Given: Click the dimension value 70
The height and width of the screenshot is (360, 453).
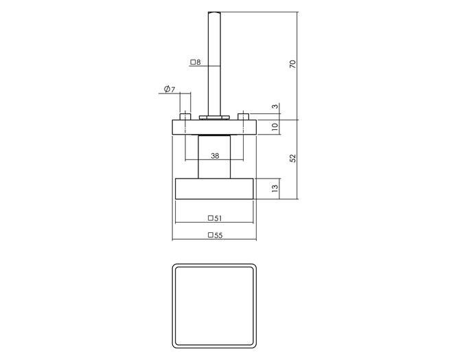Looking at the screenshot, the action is (x=292, y=64).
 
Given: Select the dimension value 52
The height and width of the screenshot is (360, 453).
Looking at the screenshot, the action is (x=292, y=158).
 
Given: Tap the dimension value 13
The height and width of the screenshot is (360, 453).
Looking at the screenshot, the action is (x=275, y=188).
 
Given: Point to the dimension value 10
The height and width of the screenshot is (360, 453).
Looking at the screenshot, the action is (x=275, y=126).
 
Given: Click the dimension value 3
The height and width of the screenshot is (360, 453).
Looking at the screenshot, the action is (x=276, y=106).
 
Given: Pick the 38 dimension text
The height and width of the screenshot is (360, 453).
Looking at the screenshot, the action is (x=215, y=156).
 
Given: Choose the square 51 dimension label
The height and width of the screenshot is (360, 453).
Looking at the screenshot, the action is (x=215, y=218).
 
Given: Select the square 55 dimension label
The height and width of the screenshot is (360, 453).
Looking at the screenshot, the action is (x=216, y=236).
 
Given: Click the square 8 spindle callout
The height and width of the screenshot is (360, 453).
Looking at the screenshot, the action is (x=196, y=62).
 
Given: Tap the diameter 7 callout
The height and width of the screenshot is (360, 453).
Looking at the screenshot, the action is (x=170, y=89).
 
